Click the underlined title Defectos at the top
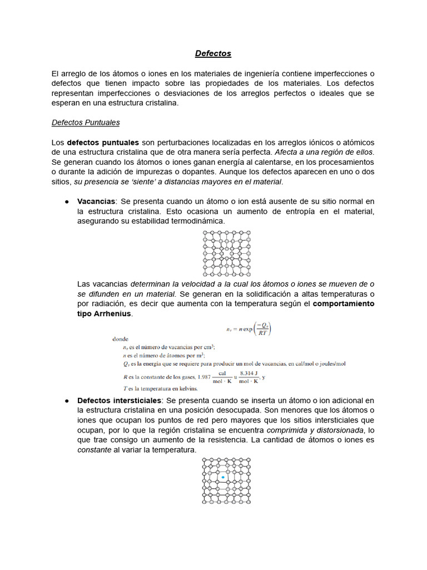click(213, 53)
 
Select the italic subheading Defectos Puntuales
click(86, 122)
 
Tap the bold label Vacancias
click(96, 201)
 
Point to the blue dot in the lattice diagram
click(223, 478)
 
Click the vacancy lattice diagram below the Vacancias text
click(226, 254)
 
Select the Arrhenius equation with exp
click(249, 329)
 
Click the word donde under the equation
click(121, 338)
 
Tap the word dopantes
click(201, 172)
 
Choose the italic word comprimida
click(287, 430)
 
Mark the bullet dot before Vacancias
click(66, 201)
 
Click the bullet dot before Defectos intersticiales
click(66, 400)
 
